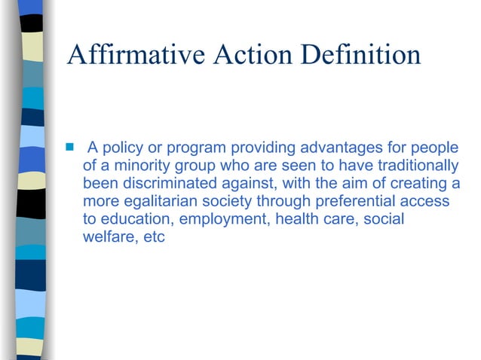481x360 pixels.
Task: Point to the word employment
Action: coord(223,221)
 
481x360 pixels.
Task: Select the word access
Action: coord(426,202)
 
